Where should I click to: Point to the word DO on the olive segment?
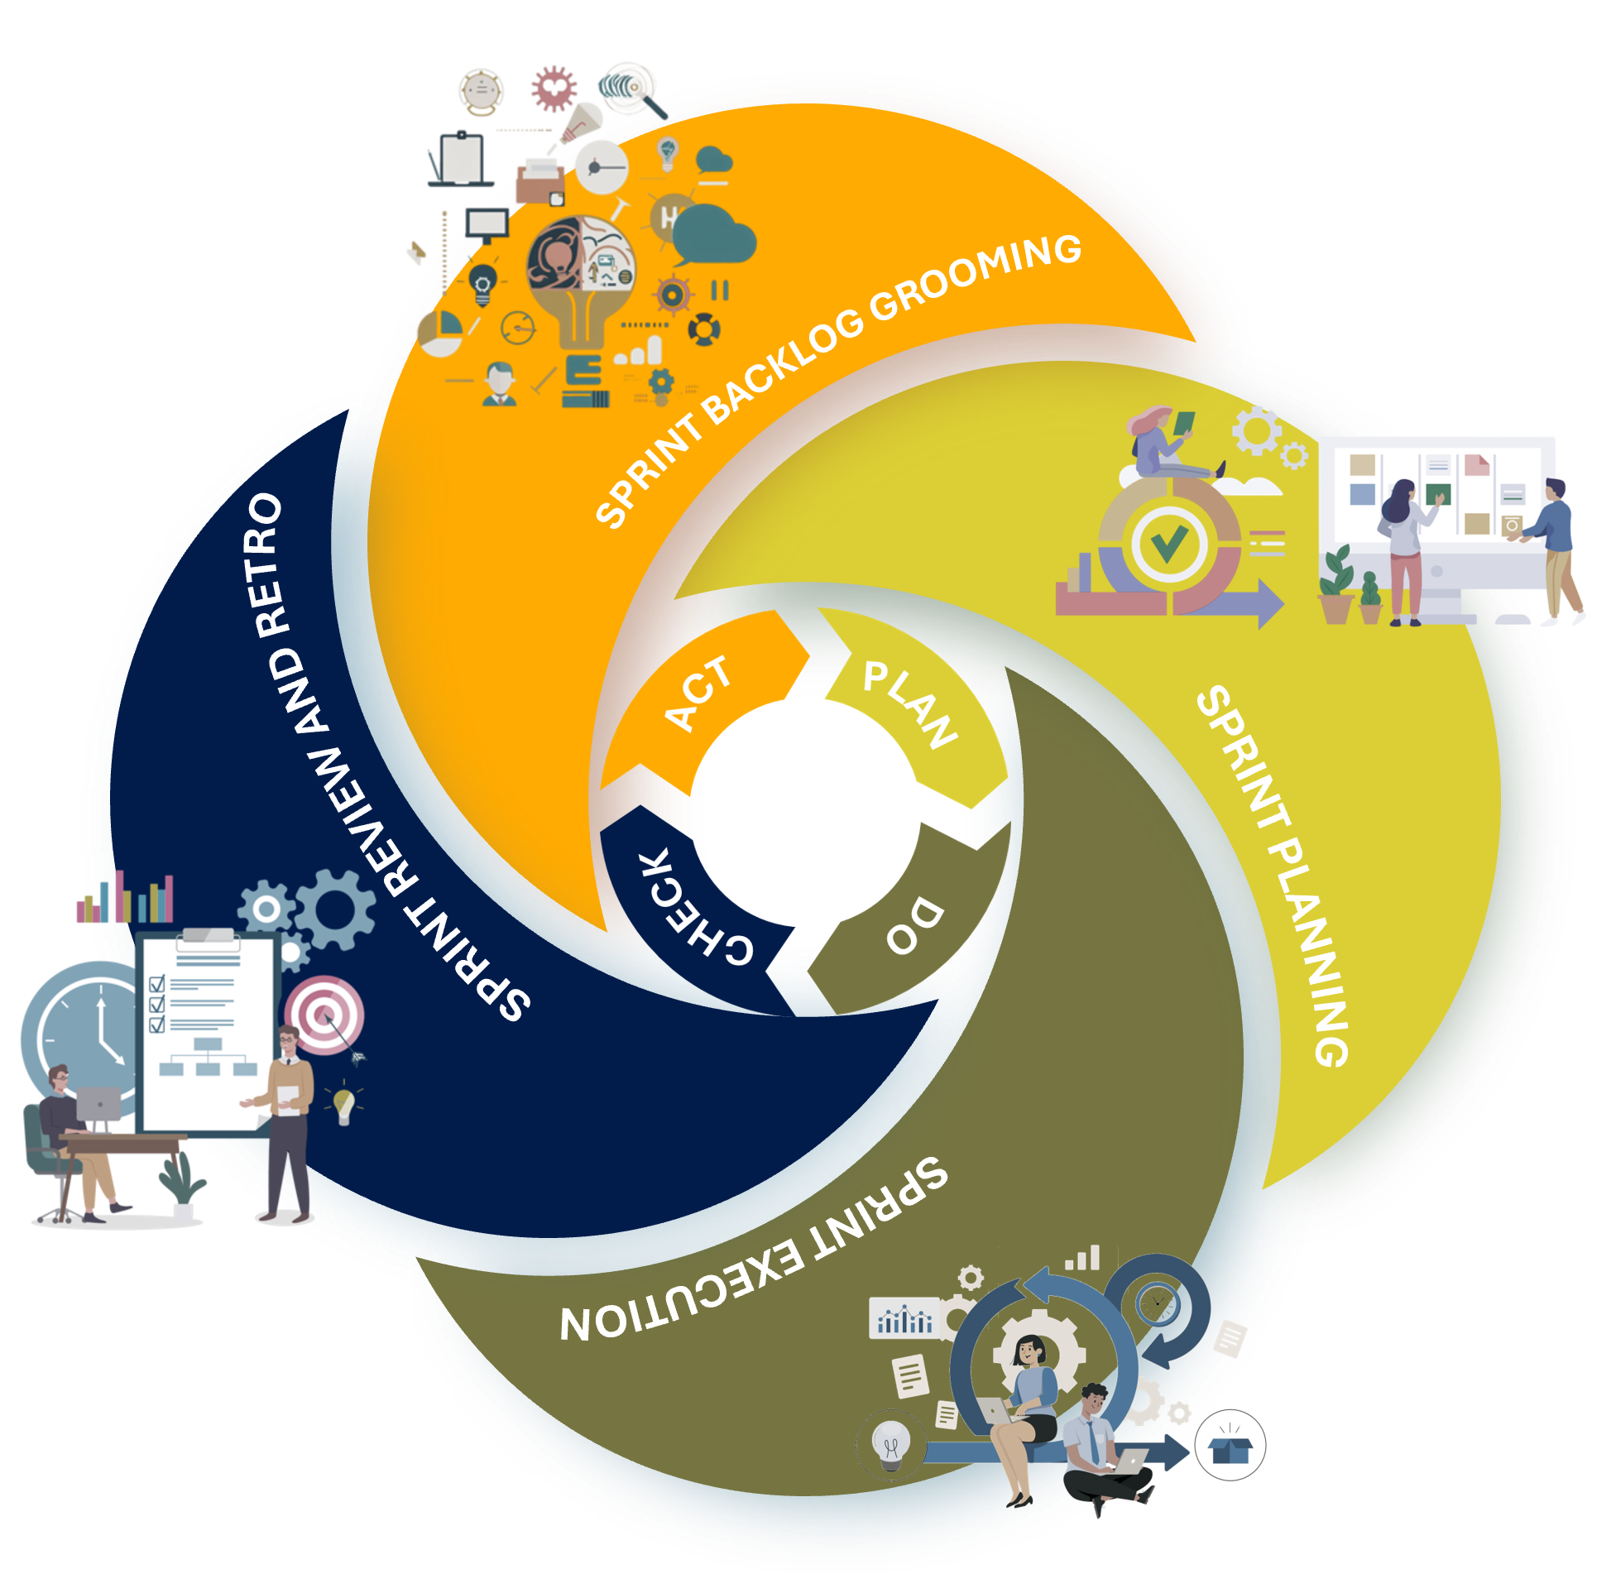pos(915,926)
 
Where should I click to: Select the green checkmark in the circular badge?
pos(1168,544)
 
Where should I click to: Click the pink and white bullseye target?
pos(324,1015)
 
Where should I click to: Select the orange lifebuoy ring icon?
pos(703,329)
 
